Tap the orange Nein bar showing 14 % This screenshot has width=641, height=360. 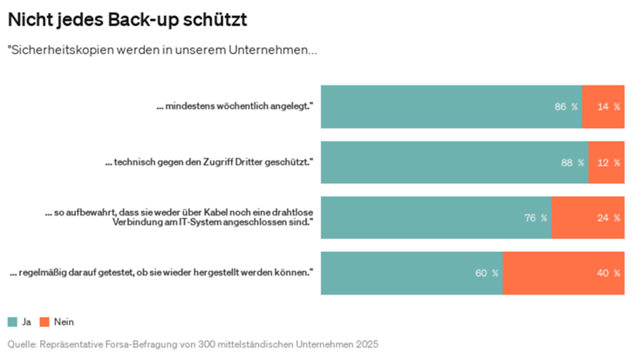tap(603, 106)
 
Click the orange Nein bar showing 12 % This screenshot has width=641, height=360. tap(606, 162)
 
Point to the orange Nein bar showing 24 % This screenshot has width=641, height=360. tap(588, 217)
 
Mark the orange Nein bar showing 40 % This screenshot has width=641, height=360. tap(563, 273)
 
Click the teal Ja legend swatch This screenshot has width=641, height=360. tap(13, 322)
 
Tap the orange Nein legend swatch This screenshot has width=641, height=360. tap(58, 322)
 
